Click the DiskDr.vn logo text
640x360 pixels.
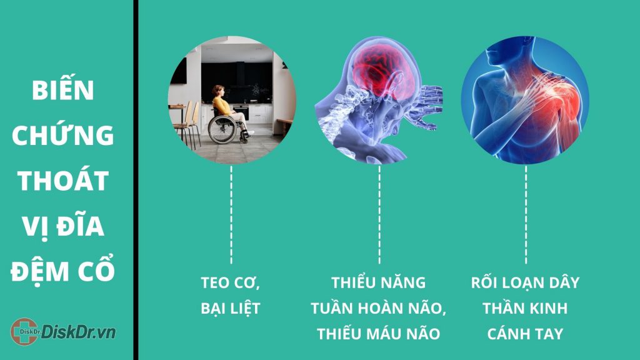78,332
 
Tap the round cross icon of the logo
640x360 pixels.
24,331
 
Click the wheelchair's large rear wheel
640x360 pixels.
222,129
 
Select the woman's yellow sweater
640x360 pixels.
222,106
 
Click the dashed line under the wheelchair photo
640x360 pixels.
231,215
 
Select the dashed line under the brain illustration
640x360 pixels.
379,215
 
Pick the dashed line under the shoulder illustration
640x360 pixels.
526,215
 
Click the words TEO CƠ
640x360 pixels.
231,283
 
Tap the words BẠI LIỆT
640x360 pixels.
231,308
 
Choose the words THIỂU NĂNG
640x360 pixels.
378,282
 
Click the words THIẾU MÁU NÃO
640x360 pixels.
379,333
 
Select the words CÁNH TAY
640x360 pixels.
525,334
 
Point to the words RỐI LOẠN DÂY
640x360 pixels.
525,282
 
